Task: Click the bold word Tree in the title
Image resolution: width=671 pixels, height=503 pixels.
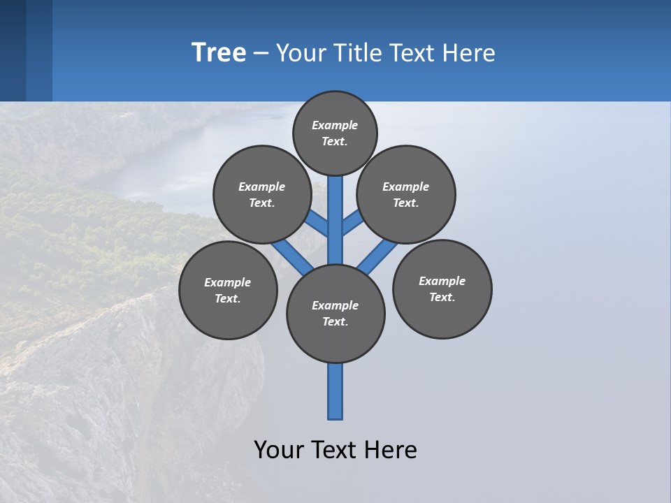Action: click(219, 53)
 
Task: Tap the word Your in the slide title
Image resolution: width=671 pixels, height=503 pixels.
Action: click(301, 53)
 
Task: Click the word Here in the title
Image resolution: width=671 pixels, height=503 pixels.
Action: click(469, 53)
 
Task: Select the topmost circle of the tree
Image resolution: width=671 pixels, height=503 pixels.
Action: click(335, 133)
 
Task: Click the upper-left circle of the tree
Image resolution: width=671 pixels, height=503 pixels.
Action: click(261, 194)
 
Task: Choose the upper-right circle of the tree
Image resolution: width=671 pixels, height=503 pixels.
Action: click(406, 194)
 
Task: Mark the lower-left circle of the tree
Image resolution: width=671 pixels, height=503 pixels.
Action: click(228, 290)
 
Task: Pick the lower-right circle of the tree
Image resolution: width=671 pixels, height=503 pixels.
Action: click(442, 289)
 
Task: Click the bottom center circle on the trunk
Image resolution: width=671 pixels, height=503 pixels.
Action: click(335, 314)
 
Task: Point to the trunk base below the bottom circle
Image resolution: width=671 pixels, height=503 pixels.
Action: click(335, 391)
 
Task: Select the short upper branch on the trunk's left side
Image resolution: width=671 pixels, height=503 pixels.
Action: click(317, 224)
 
